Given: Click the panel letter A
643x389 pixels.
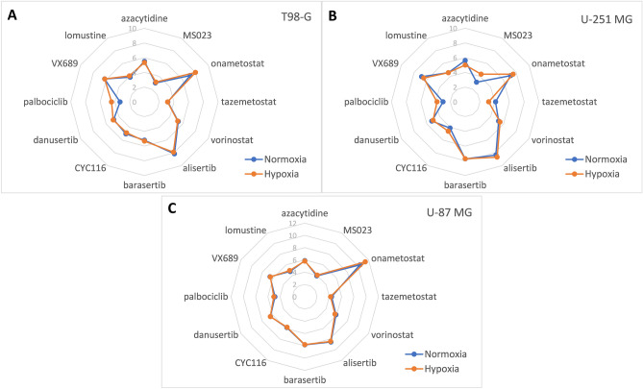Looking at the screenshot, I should tap(10, 13).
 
